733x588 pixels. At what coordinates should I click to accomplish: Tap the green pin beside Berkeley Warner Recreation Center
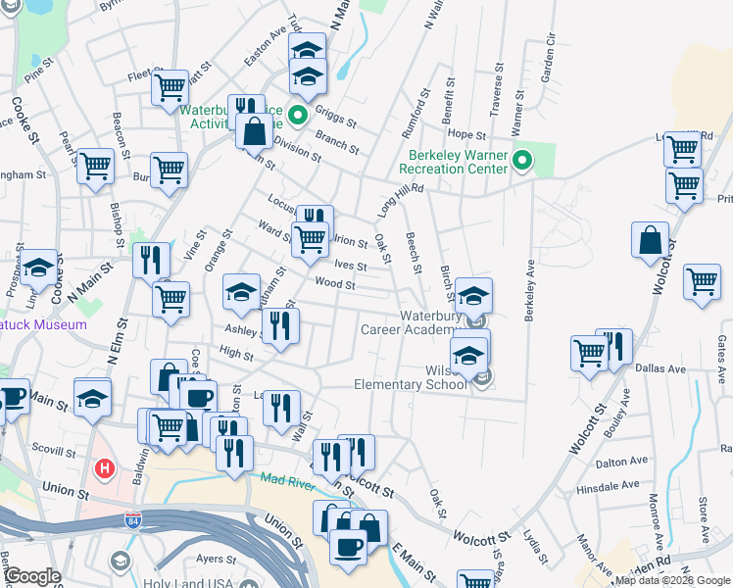tap(522, 160)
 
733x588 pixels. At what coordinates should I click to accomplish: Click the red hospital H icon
tap(105, 469)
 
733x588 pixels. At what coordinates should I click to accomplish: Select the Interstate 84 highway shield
tap(135, 519)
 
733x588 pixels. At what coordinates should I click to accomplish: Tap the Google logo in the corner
tap(31, 576)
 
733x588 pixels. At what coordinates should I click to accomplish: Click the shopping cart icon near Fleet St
tap(170, 87)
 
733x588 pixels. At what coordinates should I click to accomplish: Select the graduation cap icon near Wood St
tap(241, 292)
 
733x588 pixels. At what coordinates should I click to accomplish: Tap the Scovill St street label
tap(55, 453)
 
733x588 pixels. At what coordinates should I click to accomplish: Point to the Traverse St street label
tap(497, 86)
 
